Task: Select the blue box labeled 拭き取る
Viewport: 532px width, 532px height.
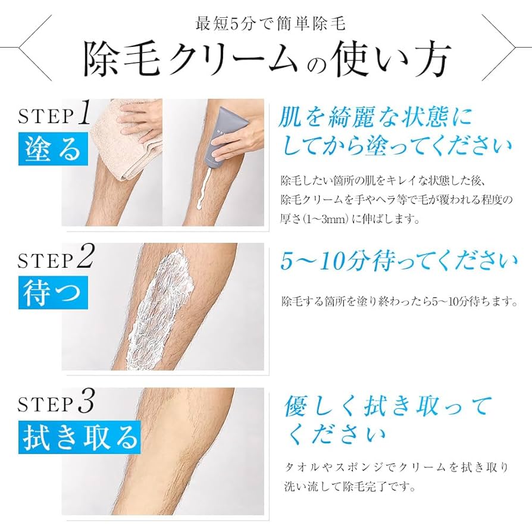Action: pos(79,437)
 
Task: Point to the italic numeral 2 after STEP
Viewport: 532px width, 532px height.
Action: pos(85,257)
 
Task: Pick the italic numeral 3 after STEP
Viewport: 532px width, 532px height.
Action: pos(86,403)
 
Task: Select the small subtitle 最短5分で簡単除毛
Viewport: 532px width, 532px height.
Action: pos(271,24)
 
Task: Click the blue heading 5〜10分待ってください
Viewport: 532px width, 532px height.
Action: pos(399,261)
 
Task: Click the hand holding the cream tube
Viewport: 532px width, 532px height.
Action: pos(241,143)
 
